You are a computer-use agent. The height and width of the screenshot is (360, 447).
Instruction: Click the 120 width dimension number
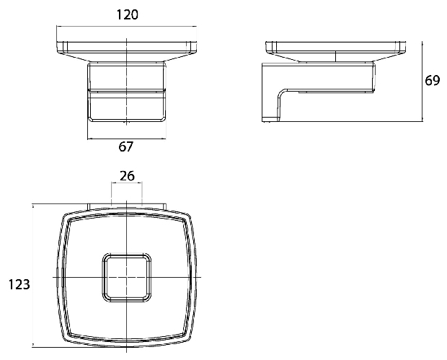[x=127, y=15]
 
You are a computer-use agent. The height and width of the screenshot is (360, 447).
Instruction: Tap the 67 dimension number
[x=125, y=146]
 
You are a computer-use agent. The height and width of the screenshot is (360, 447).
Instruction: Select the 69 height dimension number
[x=432, y=81]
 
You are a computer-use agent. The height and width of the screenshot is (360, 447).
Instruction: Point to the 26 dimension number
[x=127, y=176]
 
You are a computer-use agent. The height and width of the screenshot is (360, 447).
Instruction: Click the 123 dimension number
[x=19, y=285]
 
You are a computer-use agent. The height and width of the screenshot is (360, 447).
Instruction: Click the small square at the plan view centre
[x=127, y=277]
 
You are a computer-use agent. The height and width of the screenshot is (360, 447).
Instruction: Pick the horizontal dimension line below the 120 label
[x=127, y=27]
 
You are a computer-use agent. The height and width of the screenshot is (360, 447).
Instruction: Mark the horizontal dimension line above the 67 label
[x=127, y=139]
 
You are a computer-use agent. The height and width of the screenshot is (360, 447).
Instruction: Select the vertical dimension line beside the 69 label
[x=422, y=82]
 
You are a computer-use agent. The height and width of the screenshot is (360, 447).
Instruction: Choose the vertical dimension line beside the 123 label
[x=33, y=276]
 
